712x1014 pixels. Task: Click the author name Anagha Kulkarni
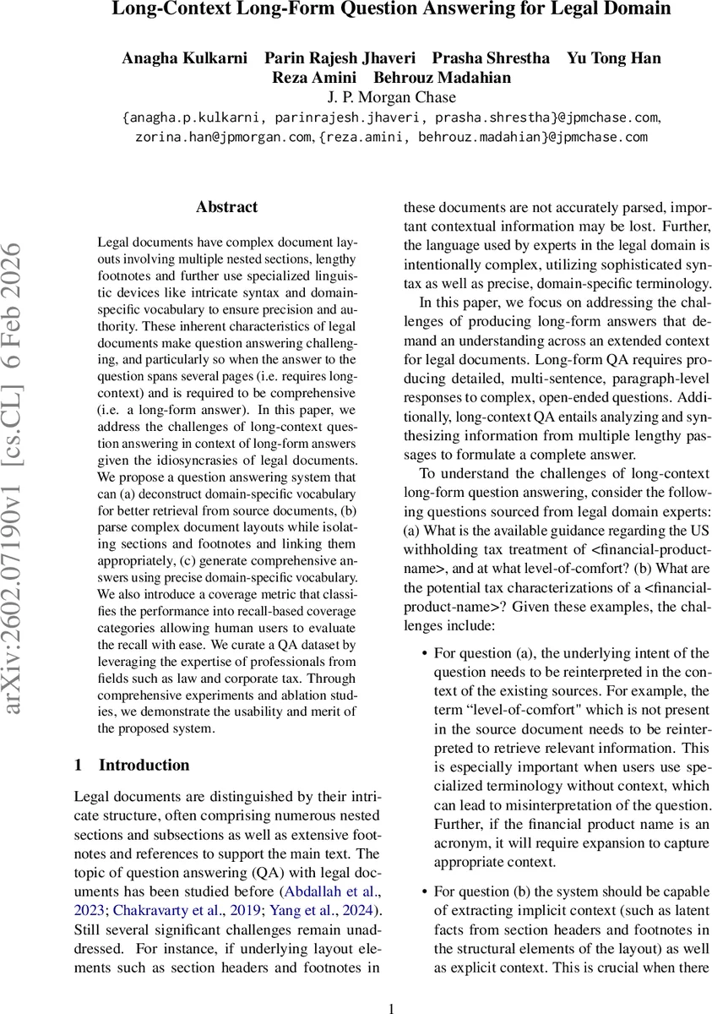[x=185, y=58]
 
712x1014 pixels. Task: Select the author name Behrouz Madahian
[x=443, y=78]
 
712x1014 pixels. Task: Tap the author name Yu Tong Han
[x=613, y=58]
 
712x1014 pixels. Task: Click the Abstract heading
[x=226, y=207]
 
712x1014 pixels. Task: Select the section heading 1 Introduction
[x=132, y=766]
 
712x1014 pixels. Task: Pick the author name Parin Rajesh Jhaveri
[x=340, y=58]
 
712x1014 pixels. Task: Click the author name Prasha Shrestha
[x=491, y=58]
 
